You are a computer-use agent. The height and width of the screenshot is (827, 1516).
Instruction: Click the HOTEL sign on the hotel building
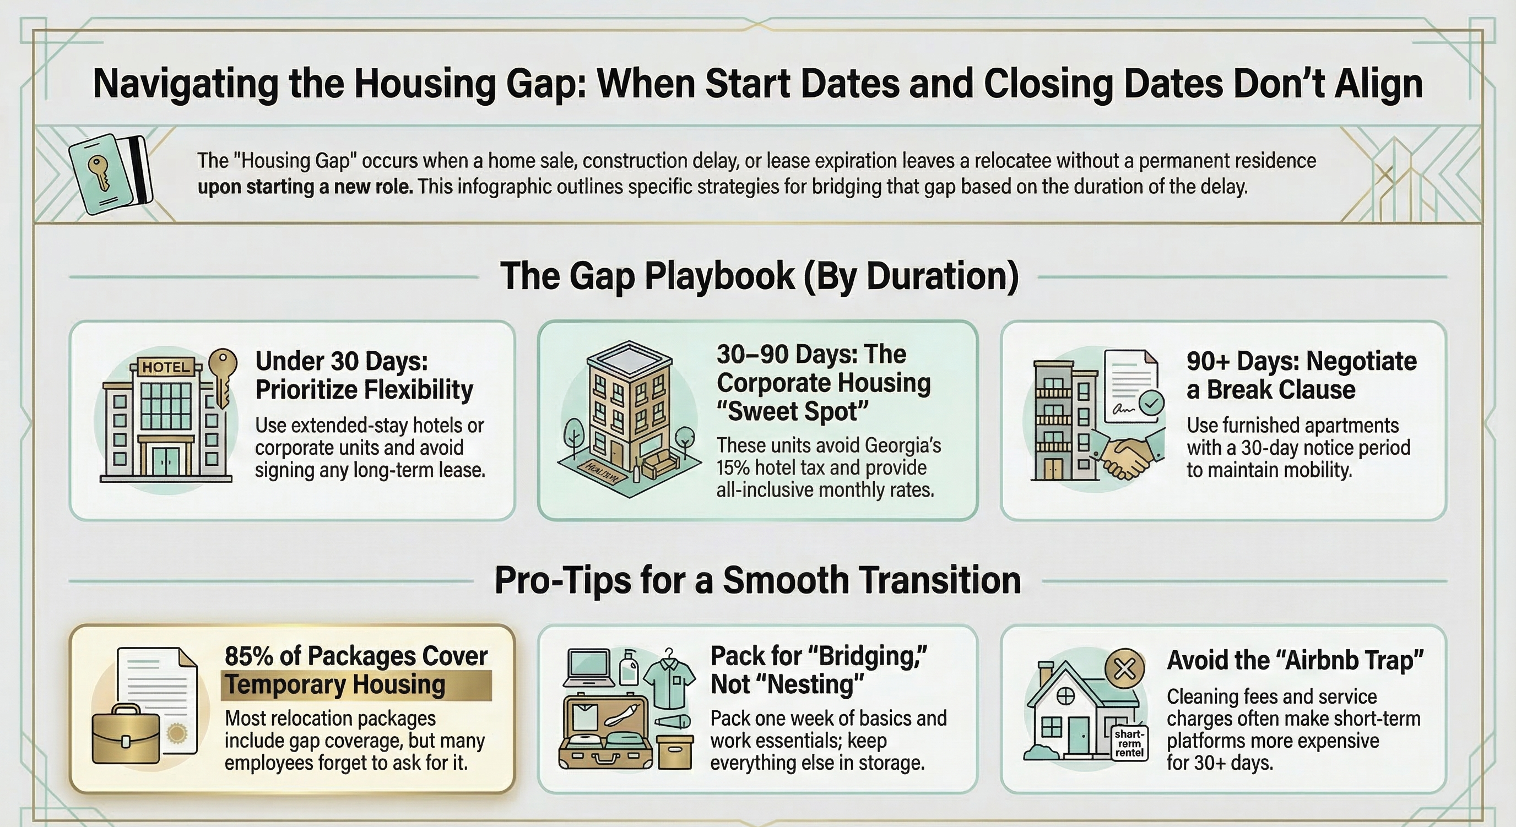(x=166, y=367)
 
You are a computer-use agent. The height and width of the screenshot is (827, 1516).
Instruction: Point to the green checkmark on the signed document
(x=1151, y=403)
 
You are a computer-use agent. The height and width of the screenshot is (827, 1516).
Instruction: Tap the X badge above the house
(x=1125, y=669)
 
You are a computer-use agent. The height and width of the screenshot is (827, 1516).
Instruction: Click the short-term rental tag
(x=1129, y=743)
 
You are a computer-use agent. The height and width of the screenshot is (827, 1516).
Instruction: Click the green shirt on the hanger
(x=669, y=682)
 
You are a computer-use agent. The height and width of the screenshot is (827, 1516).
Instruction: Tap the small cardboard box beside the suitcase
(x=674, y=752)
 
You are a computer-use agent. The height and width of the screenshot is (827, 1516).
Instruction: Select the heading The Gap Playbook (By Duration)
(x=759, y=276)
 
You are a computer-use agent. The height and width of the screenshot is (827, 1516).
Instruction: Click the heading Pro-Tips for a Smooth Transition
(x=757, y=580)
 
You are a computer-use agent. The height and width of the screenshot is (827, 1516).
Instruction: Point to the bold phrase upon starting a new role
(x=305, y=187)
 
